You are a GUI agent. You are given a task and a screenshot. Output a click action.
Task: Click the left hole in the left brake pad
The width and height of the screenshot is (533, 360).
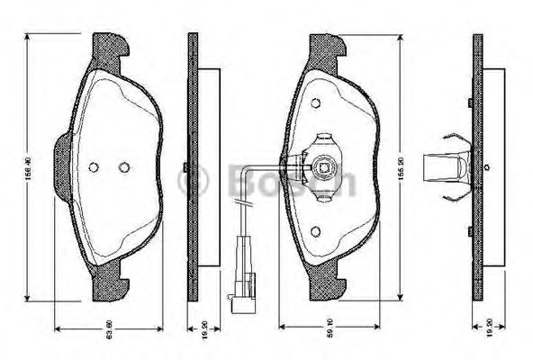(94, 166)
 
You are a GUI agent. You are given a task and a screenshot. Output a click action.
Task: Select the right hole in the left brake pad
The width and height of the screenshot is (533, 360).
(124, 166)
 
